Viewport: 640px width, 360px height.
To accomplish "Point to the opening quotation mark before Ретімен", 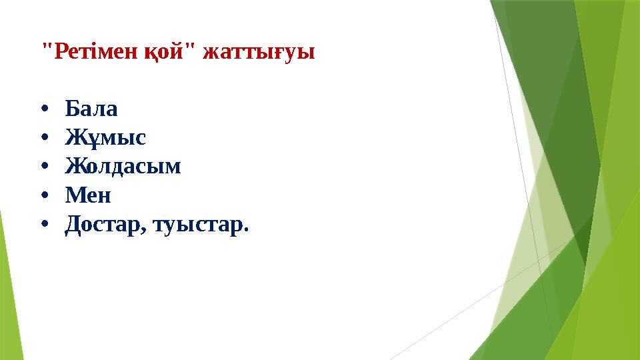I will point(45,47).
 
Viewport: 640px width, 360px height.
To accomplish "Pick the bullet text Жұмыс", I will point(105,138).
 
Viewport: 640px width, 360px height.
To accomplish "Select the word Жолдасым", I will point(123,167).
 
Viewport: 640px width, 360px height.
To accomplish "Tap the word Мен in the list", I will point(88,196).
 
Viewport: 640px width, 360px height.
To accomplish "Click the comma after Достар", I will point(144,231).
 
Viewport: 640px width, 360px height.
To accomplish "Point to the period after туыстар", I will point(246,231).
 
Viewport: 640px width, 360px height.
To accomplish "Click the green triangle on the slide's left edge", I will point(8,287).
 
